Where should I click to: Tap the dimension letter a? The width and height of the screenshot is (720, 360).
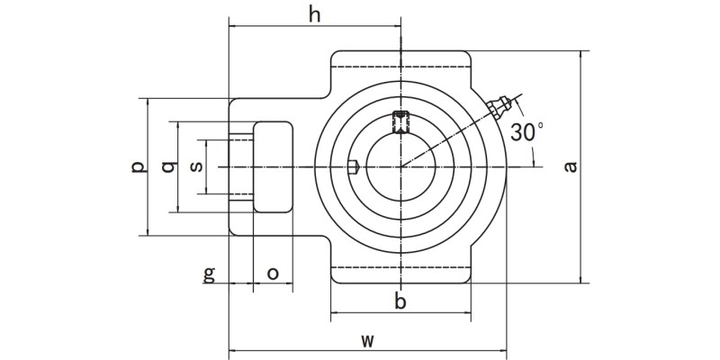tap(569, 166)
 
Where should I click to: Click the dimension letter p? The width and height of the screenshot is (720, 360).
tap(136, 167)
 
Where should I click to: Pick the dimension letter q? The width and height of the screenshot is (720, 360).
tap(167, 167)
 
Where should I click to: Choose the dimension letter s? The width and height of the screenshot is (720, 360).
tap(197, 167)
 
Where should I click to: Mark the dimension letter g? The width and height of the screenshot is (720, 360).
tap(209, 274)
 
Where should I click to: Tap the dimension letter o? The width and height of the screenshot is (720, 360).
tap(273, 273)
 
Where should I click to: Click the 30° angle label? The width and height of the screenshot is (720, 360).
tap(526, 131)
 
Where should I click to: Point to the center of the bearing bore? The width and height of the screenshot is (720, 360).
tap(400, 166)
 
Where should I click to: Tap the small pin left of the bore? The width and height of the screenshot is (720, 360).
tap(355, 166)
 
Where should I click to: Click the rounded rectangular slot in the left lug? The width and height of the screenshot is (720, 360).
tap(273, 166)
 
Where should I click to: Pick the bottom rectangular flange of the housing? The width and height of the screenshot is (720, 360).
tap(400, 274)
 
